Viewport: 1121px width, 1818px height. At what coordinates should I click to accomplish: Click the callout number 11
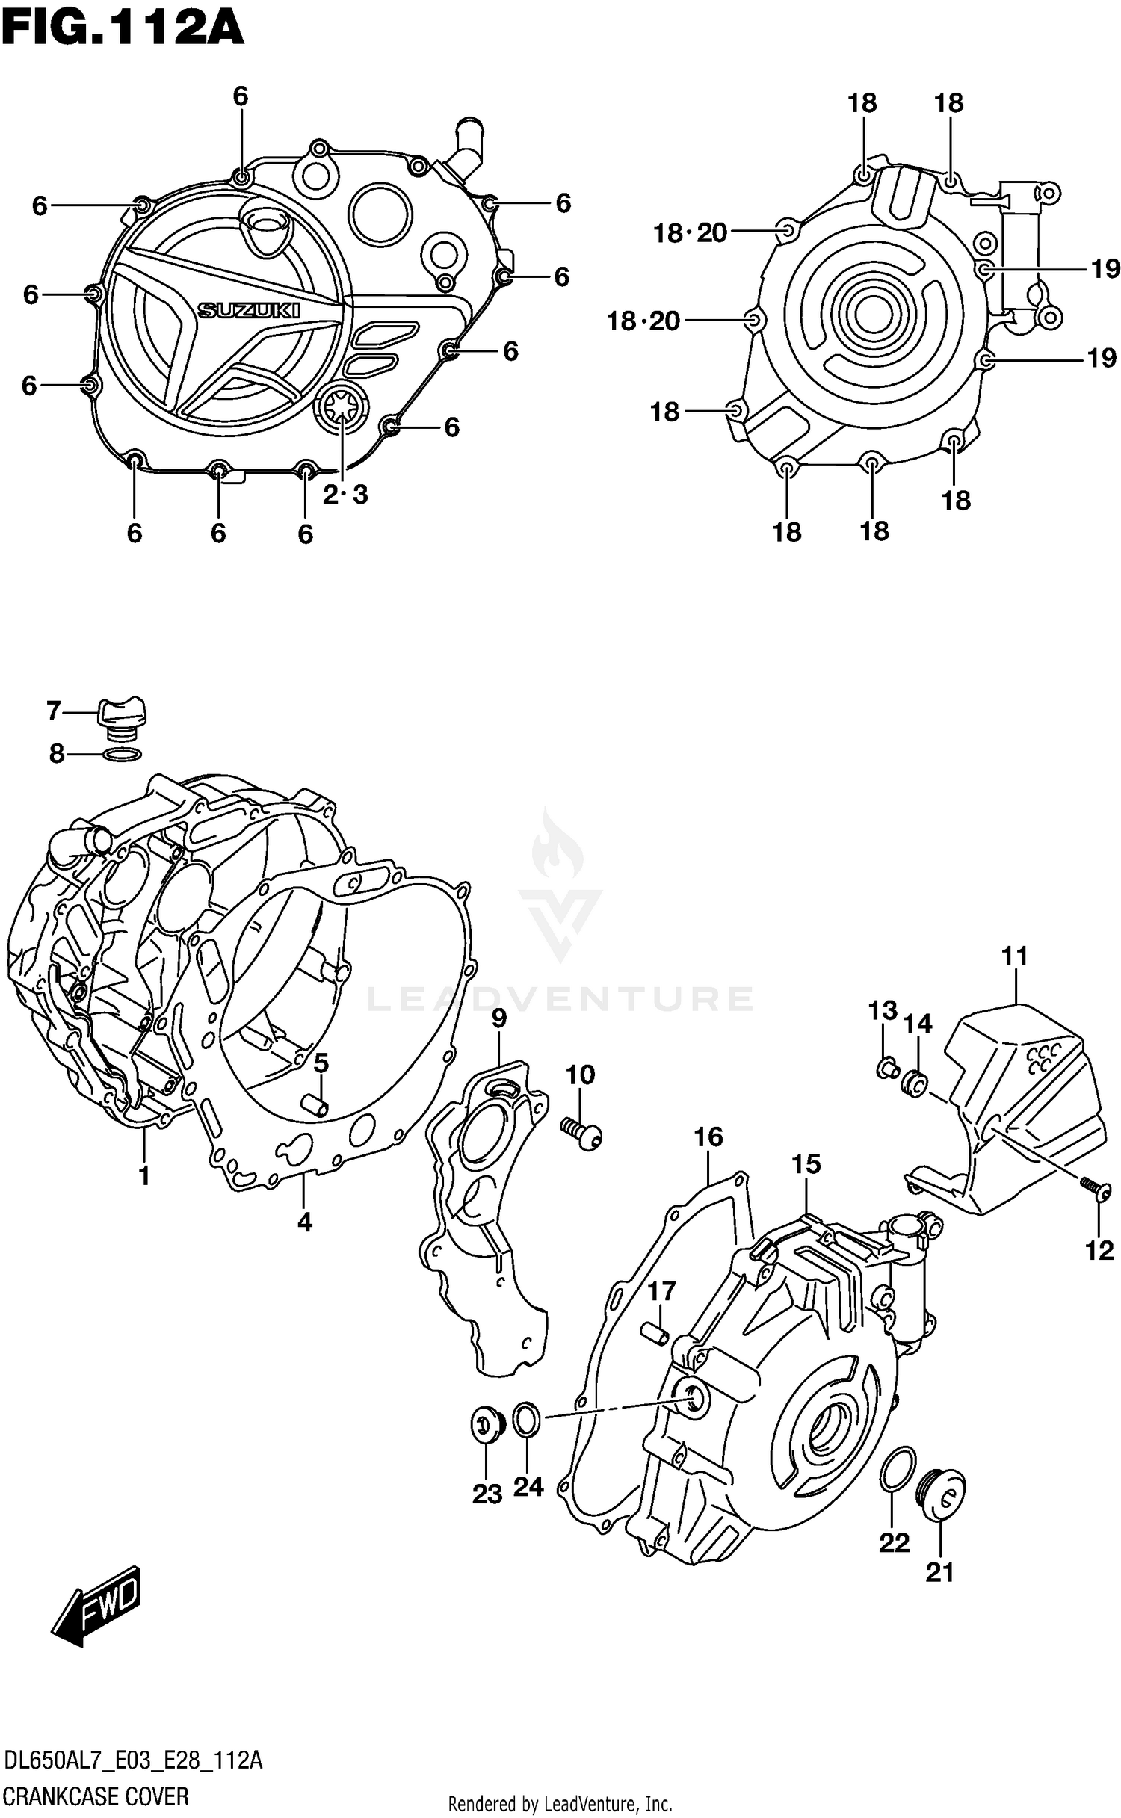pos(1015,956)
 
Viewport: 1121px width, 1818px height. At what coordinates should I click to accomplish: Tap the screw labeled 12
pos(1096,1187)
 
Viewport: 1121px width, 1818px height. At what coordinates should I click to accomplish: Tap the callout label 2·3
pos(345,495)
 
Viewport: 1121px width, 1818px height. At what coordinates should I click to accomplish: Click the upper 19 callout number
pos(1105,269)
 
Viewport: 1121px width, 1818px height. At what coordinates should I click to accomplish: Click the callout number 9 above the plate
pos(498,1018)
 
